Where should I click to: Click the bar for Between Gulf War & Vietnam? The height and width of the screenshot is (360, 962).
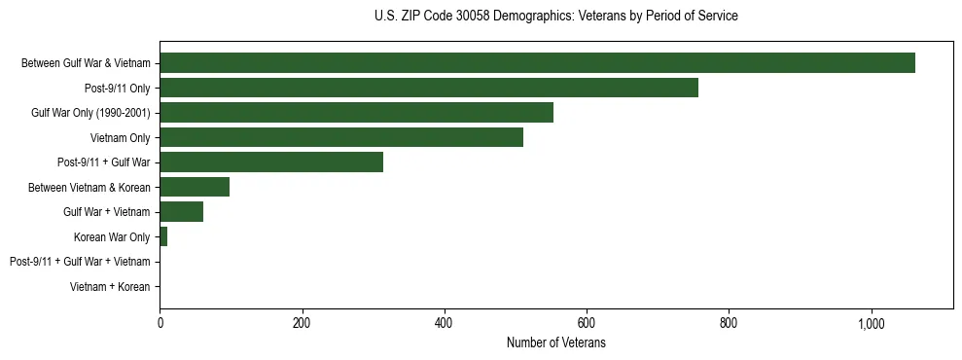coord(537,63)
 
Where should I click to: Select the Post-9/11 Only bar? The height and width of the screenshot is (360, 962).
coord(429,88)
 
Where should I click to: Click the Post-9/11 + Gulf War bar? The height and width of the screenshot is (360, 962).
coord(271,162)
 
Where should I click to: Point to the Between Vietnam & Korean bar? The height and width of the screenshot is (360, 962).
coord(195,187)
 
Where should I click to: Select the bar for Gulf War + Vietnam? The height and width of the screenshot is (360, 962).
coord(181,212)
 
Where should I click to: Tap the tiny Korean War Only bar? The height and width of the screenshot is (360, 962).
coord(163,236)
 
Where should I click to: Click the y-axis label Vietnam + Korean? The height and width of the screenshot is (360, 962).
coord(110,287)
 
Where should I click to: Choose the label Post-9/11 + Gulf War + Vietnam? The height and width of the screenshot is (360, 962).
coord(80,262)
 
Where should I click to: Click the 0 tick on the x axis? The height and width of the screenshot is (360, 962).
coord(160,323)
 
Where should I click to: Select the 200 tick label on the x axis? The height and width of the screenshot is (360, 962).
coord(302,323)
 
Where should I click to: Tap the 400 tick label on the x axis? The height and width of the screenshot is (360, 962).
coord(444,323)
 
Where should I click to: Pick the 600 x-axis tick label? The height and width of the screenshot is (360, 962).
coord(586,323)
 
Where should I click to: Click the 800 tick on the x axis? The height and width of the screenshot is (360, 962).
coord(728,323)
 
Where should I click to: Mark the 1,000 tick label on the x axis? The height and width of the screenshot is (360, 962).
coord(870,323)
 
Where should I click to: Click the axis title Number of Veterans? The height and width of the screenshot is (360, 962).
coord(555,343)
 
